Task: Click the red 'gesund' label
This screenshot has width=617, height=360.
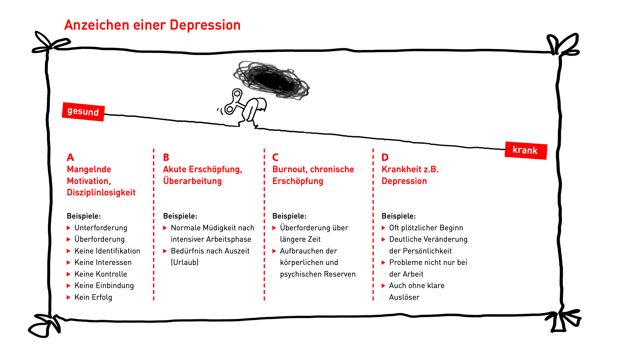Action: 83,111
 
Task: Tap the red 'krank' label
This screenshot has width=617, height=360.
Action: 526,150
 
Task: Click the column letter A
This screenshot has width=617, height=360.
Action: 70,157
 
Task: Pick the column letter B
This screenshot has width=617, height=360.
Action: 166,157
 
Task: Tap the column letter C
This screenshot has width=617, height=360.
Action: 275,157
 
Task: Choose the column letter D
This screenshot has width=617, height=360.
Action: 385,157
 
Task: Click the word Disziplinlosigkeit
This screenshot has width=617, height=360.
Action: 101,193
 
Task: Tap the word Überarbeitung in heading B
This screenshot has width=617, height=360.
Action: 192,181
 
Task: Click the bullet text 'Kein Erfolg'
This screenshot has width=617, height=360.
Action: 93,297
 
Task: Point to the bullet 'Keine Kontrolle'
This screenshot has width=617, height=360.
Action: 101,274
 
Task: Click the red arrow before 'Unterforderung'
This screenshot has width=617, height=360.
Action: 68,228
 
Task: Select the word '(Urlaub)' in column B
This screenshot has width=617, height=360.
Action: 184,262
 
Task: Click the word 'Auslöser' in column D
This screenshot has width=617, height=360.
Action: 404,297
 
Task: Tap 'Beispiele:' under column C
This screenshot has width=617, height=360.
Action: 289,216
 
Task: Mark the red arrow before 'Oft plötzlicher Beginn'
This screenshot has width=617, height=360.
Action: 383,228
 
